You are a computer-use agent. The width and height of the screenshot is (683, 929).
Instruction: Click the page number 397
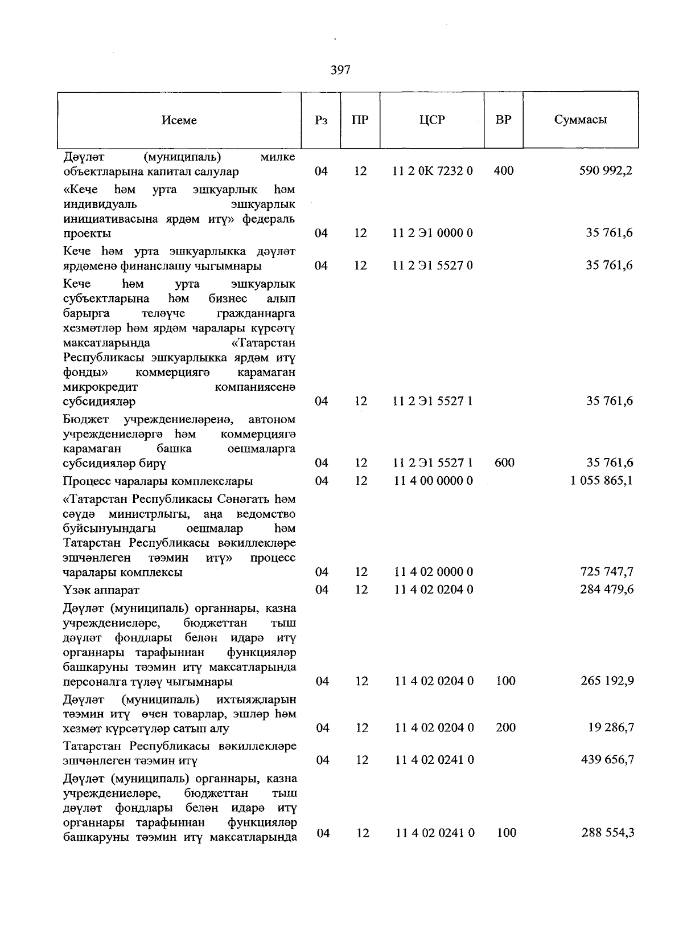coord(340,70)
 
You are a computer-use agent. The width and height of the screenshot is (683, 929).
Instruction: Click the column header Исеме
coord(179,120)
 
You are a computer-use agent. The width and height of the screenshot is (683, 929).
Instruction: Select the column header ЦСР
coord(432,120)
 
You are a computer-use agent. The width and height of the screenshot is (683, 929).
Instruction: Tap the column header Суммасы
coord(580,120)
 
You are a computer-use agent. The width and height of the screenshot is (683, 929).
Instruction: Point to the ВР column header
coord(503,120)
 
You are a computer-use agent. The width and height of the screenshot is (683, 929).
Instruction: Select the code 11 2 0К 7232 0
coord(433,171)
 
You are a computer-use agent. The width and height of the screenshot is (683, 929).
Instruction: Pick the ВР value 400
coord(504,171)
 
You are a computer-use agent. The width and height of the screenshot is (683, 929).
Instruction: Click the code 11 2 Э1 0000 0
coord(433,233)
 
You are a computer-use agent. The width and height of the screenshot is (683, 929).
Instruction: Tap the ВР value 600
coord(504,463)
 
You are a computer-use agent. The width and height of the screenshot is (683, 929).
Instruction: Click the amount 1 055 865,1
coord(601,481)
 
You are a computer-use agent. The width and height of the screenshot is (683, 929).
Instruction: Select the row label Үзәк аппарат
coord(101,590)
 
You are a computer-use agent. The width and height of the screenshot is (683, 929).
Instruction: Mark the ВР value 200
coord(505,728)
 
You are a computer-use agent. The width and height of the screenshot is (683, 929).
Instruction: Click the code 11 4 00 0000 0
coord(433,481)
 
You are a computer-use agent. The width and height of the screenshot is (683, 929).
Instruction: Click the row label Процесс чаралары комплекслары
coord(158,481)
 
